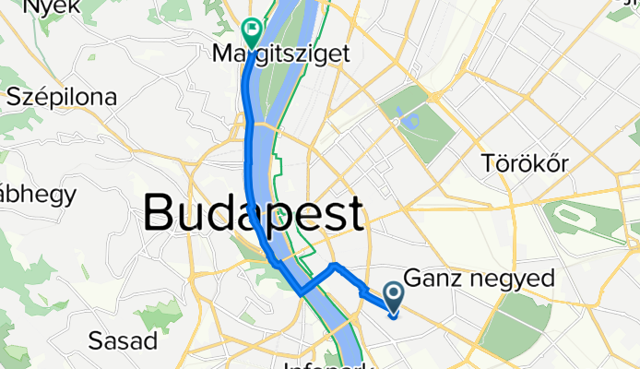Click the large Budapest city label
[254, 214]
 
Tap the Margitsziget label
[281, 54]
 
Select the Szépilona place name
[62, 97]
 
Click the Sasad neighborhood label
[122, 340]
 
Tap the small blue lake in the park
[405, 118]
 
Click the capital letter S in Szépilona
[15, 97]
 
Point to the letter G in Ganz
[414, 279]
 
